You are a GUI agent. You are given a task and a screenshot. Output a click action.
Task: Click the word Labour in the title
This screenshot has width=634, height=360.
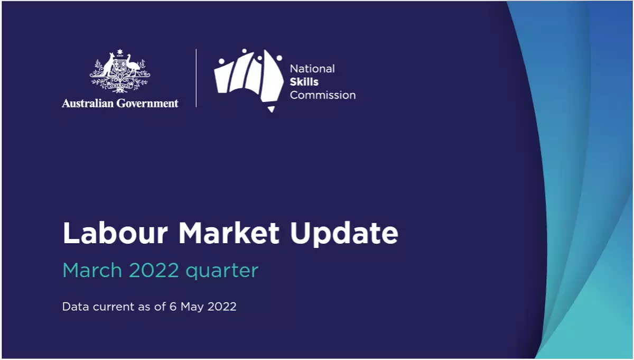click(115, 233)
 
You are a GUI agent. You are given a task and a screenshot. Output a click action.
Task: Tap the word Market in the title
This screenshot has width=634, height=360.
click(229, 233)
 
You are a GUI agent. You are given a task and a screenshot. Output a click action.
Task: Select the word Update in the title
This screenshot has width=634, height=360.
click(344, 234)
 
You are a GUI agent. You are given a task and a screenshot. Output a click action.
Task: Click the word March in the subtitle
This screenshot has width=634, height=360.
click(92, 270)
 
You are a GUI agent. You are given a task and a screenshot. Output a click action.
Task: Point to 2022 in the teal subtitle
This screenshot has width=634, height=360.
click(154, 270)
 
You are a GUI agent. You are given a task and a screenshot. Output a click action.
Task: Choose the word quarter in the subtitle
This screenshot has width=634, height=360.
click(222, 271)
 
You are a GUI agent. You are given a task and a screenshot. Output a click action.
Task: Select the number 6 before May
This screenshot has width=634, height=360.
click(173, 307)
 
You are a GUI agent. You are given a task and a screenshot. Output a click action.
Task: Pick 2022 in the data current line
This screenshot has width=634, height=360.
click(221, 307)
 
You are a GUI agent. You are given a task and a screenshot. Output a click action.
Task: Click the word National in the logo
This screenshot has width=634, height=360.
click(312, 69)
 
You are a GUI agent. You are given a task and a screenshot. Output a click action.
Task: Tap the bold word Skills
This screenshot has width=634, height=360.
click(304, 82)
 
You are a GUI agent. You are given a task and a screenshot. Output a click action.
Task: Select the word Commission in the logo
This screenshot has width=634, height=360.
click(323, 95)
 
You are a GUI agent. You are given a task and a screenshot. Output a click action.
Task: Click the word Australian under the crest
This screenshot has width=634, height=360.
click(88, 103)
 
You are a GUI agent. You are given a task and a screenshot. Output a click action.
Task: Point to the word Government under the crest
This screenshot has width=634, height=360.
click(148, 103)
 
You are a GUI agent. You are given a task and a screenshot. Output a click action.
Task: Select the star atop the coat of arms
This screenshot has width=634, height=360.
click(120, 52)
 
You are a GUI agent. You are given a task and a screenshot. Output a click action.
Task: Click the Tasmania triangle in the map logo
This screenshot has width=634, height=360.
click(271, 109)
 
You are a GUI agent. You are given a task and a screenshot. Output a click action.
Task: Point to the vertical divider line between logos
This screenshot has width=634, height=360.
click(196, 78)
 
